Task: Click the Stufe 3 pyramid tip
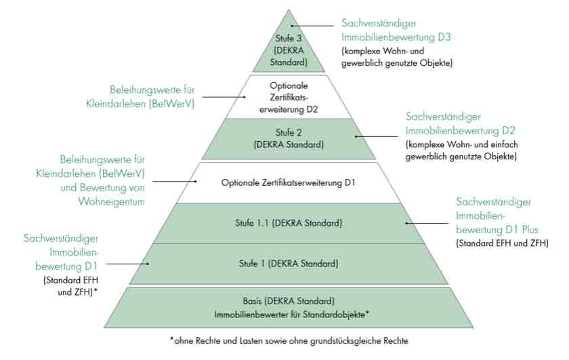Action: pyautogui.click(x=291, y=50)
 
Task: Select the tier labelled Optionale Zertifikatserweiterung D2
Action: pyautogui.click(x=289, y=97)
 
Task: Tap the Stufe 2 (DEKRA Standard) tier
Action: pyautogui.click(x=289, y=138)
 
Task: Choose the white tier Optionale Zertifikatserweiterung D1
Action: pyautogui.click(x=289, y=182)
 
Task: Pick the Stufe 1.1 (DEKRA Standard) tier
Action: pyautogui.click(x=289, y=222)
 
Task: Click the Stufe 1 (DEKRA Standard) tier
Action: pyautogui.click(x=289, y=263)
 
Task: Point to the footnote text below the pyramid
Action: pyautogui.click(x=289, y=340)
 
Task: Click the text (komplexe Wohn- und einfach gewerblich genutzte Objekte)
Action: pyautogui.click(x=461, y=151)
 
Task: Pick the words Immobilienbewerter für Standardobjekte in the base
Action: pyautogui.click(x=289, y=313)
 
